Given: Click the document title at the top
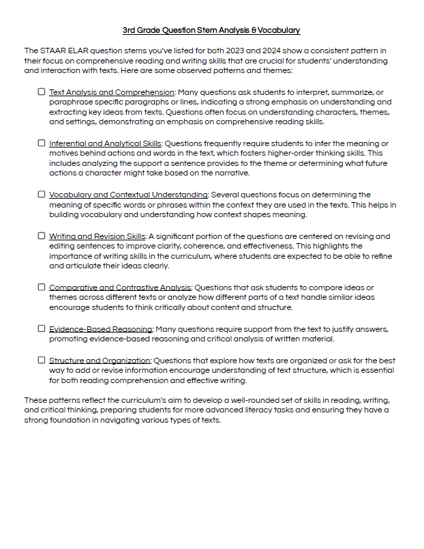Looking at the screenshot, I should (211, 31).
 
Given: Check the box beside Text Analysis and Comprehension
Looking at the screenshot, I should (42, 91).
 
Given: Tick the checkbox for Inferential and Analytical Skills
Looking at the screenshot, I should (42, 143).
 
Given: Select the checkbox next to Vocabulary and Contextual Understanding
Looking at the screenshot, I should (42, 195).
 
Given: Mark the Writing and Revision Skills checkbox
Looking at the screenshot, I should (42, 236).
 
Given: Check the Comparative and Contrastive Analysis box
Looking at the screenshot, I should (42, 287).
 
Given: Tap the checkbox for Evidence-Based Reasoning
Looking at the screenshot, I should (42, 328).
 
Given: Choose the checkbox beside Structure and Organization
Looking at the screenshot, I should (42, 360).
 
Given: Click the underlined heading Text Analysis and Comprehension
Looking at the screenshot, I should (112, 92).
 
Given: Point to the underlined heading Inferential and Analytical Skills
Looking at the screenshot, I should (105, 144).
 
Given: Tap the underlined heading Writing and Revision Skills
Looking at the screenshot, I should (97, 236).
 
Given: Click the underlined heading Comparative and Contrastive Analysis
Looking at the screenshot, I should (121, 287).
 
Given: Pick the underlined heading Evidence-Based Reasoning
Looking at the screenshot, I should (101, 329).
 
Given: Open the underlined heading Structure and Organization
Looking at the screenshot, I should (100, 361).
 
